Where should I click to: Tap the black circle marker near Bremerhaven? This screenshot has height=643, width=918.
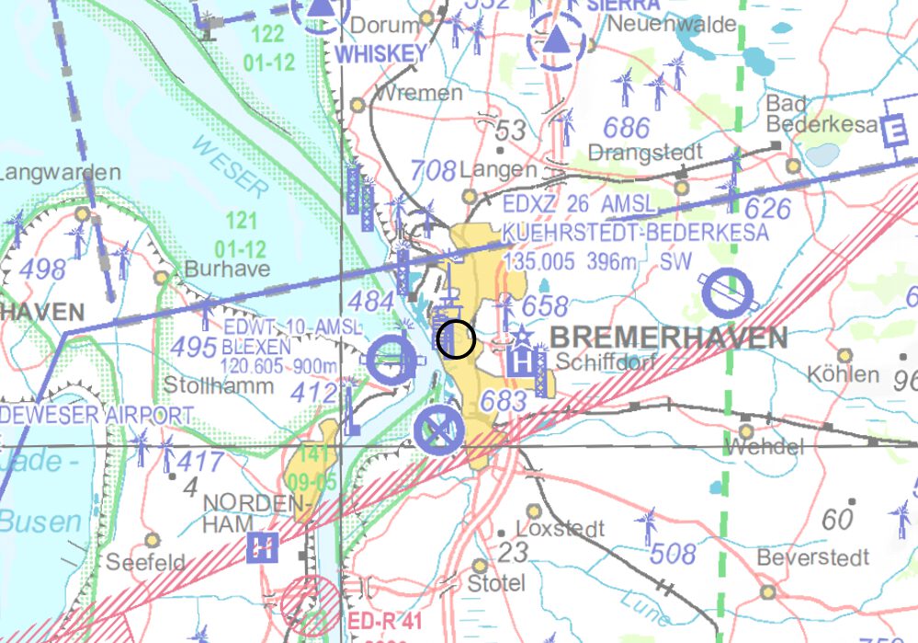(456, 339)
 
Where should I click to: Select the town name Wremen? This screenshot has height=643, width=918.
(419, 93)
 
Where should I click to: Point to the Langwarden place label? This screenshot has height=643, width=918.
(61, 173)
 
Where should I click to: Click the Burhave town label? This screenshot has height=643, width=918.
(227, 269)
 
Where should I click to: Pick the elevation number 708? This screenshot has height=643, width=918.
(434, 170)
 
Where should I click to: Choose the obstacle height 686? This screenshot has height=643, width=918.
(627, 128)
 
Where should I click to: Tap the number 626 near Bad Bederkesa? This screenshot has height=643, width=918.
(767, 209)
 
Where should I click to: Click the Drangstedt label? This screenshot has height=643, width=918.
(645, 151)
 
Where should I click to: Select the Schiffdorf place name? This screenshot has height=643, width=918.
(606, 363)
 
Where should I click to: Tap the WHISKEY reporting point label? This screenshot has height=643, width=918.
(381, 54)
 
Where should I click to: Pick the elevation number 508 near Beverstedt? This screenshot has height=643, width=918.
(673, 554)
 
